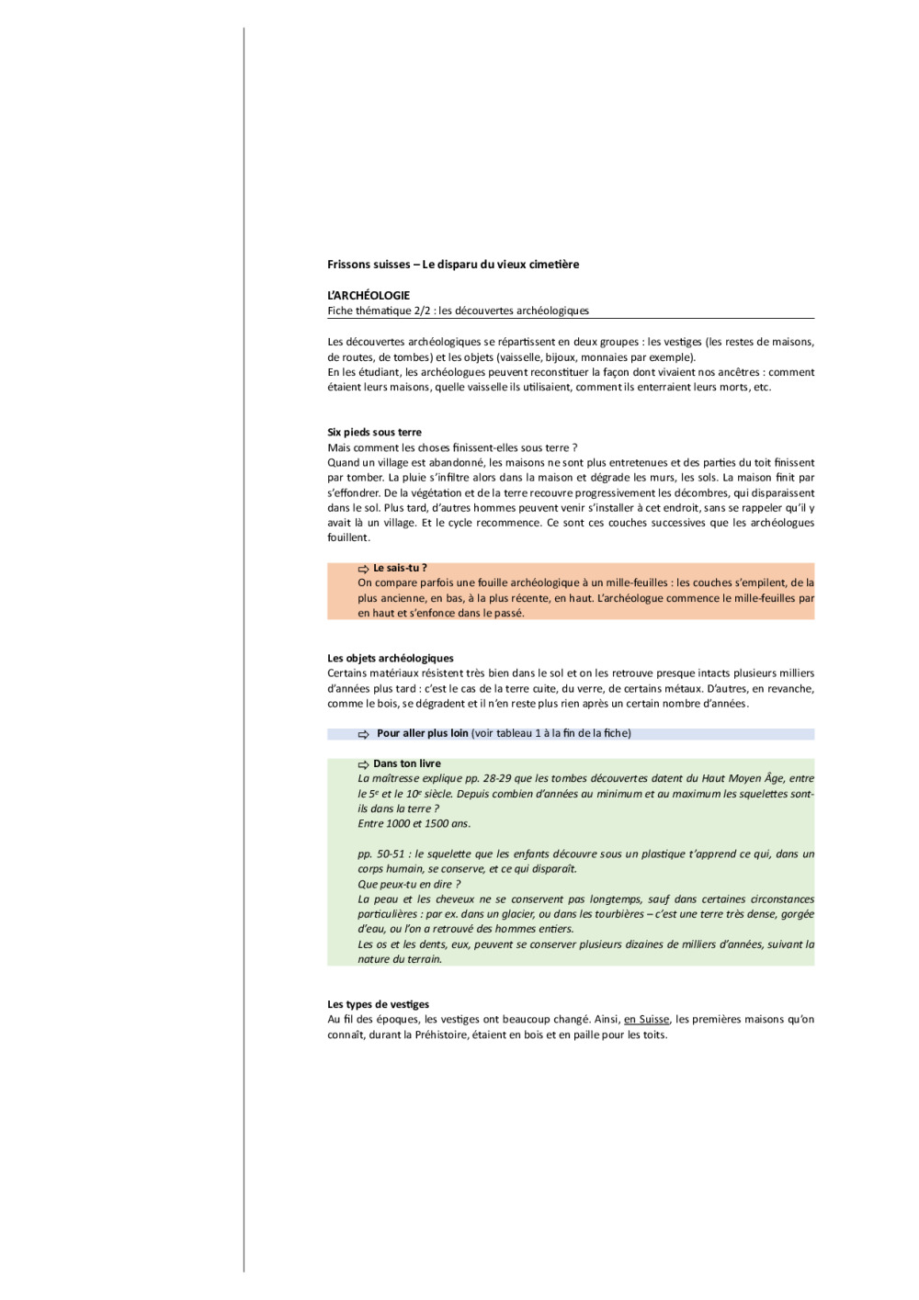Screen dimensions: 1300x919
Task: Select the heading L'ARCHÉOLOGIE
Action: (x=369, y=296)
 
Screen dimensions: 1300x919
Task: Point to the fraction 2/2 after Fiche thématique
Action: (x=422, y=311)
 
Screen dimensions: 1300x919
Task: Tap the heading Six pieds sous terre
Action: (x=374, y=433)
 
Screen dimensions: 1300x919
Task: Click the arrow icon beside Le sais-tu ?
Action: (x=363, y=570)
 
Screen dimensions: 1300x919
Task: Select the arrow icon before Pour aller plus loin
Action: (x=363, y=734)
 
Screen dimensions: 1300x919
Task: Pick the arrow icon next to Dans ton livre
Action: (x=363, y=764)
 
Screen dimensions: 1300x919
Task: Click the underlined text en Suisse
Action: (x=646, y=1020)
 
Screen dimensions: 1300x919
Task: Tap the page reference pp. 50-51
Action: (x=381, y=854)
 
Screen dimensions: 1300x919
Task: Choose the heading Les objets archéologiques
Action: (x=391, y=659)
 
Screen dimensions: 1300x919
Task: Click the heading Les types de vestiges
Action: (x=378, y=1005)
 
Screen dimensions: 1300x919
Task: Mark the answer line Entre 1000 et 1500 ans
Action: (x=414, y=824)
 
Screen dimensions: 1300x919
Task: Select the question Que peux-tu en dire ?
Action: (x=409, y=885)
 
